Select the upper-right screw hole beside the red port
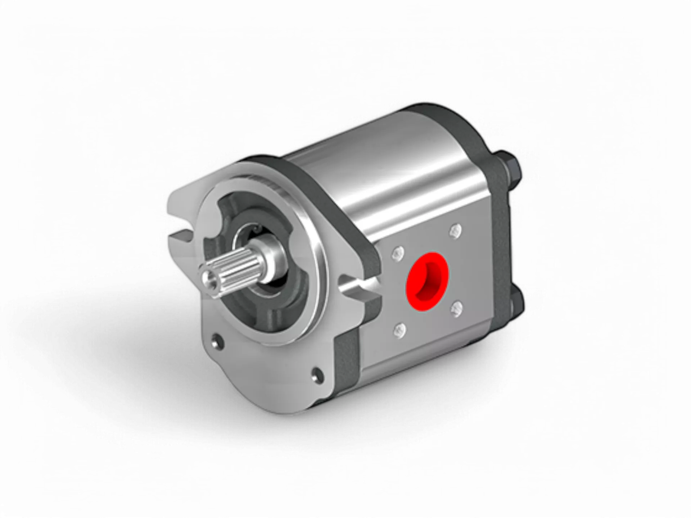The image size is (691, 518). [456, 231]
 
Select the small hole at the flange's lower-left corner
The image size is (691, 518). [217, 341]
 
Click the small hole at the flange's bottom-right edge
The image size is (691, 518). [317, 374]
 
